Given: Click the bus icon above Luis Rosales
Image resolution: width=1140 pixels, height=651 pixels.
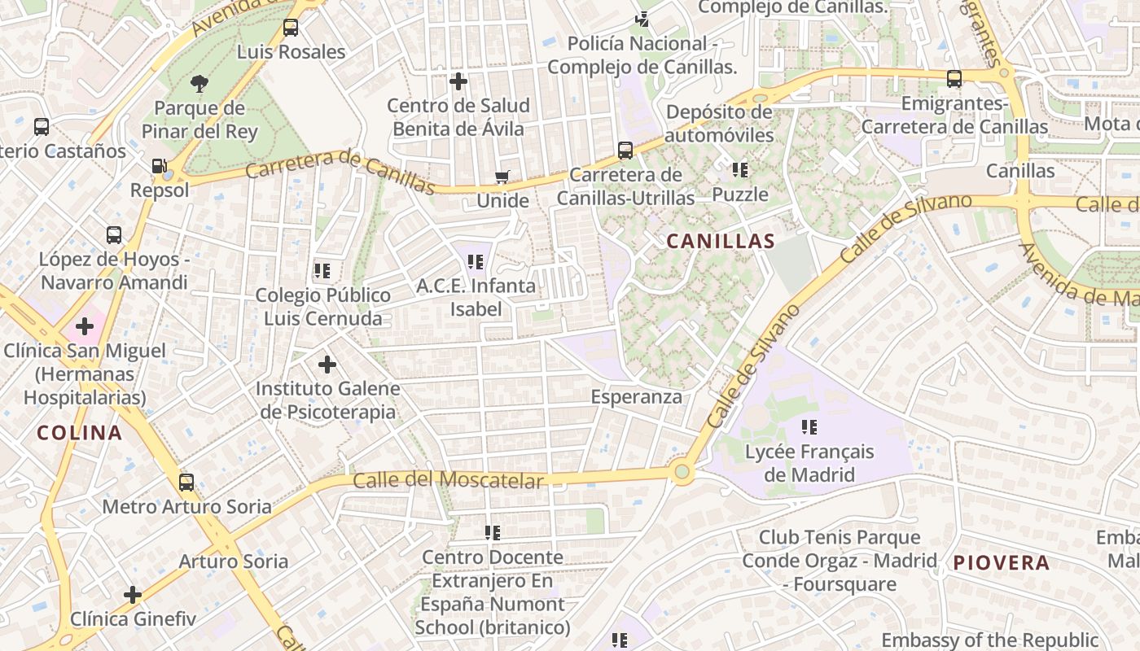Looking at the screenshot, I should coord(291,28).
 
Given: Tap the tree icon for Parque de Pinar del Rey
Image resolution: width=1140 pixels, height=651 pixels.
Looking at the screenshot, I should coord(199,82).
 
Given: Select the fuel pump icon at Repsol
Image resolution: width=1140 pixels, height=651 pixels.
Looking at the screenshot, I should coord(159,166).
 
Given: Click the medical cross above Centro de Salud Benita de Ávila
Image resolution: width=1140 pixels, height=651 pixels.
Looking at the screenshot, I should coord(458,81).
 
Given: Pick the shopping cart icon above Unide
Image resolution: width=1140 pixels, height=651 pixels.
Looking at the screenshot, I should coord(502,177).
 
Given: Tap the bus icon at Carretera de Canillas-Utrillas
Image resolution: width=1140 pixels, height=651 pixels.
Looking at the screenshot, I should coord(625,151).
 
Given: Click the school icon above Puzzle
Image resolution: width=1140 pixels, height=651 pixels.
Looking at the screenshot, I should coord(740,170).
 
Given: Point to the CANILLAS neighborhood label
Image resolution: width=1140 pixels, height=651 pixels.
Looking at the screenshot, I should coord(720,242).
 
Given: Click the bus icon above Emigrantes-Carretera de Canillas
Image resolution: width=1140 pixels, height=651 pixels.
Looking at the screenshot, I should coord(954,79).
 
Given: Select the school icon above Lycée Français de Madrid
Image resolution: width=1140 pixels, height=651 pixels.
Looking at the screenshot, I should coord(809,426).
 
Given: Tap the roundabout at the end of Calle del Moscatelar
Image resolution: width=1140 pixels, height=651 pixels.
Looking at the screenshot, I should coord(682,471).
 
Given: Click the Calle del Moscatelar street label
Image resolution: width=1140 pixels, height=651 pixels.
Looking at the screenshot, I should coord(447,479).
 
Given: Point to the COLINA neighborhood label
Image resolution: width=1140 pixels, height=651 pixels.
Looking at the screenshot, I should coord(79,433).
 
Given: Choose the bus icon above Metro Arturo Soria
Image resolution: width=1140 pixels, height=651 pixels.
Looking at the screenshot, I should coord(186,483).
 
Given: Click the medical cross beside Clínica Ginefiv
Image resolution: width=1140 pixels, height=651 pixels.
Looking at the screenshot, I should coord(133,595).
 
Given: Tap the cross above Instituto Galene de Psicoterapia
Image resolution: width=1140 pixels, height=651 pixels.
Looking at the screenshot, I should coord(327,364).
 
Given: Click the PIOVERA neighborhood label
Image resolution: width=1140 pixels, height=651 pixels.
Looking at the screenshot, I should coord(1001,562).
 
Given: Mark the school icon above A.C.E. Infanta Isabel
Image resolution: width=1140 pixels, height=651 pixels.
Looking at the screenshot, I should coord(476,262).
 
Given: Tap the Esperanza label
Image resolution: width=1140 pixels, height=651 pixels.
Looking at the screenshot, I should coord(636,397).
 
